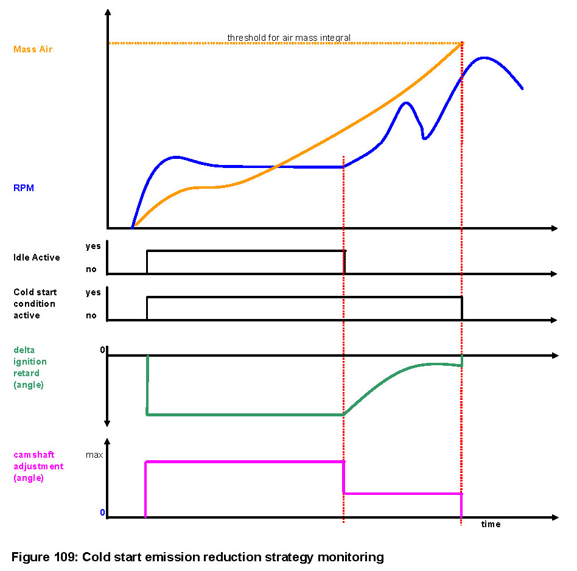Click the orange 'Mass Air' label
[33, 49]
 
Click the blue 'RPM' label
[24, 188]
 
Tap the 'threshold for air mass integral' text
[289, 38]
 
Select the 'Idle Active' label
[37, 257]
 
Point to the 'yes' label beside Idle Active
[93, 247]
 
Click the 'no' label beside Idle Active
[91, 269]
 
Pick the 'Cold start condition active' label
[35, 304]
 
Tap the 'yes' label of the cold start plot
[93, 292]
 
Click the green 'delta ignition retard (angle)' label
[30, 367]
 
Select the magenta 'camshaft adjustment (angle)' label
[38, 466]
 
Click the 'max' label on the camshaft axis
[93, 455]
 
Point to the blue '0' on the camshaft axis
[103, 513]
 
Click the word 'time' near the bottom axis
[491, 524]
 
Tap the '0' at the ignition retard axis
[103, 350]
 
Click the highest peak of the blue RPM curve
[484, 58]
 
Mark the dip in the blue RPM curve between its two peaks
[424, 138]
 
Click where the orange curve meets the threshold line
[463, 43]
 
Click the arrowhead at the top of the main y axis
[108, 12]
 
